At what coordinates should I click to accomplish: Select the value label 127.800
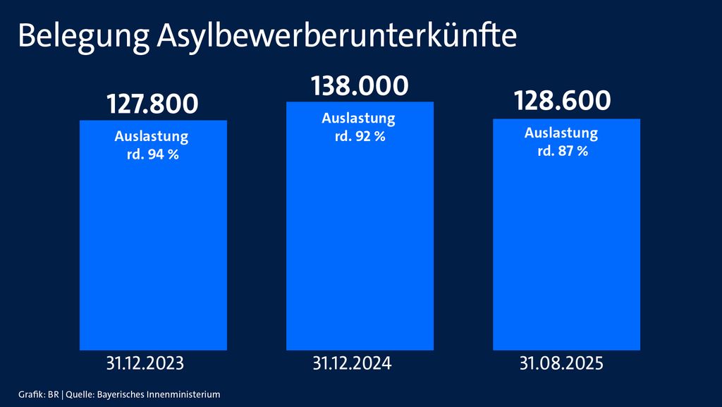point(152,104)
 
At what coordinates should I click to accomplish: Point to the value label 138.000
point(360,86)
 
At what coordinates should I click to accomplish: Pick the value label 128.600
point(562,101)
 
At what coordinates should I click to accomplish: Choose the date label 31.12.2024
point(352,364)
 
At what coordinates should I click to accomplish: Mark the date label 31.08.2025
point(561,364)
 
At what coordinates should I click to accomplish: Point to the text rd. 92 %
point(360,136)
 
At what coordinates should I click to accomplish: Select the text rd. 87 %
point(561,151)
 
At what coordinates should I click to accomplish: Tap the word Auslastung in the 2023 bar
point(152,136)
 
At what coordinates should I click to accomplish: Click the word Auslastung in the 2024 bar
point(358,119)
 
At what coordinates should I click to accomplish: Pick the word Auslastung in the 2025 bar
point(561,133)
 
